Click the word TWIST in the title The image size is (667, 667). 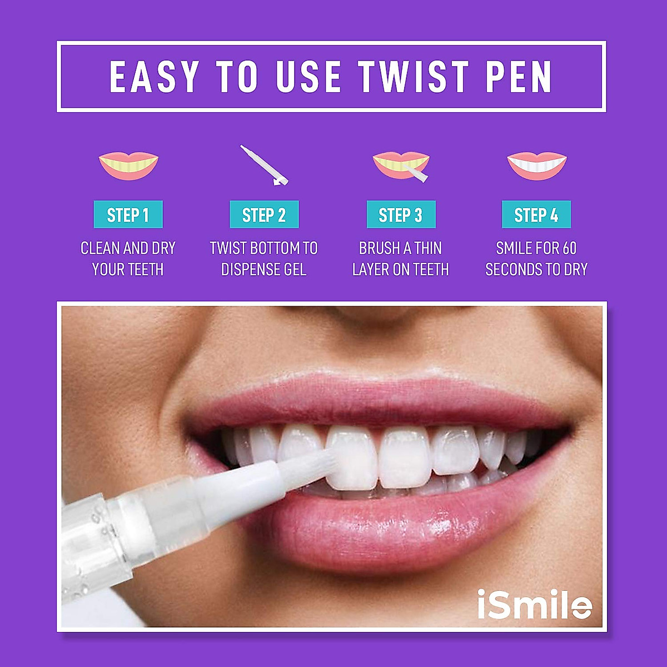coord(414,77)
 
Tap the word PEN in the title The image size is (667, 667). coord(519,77)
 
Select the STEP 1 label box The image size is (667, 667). coord(128,215)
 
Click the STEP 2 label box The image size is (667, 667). coord(264,215)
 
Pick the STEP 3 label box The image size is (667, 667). coord(401,215)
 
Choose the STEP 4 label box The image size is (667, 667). coord(536,215)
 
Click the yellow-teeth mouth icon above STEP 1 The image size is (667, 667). coord(128,166)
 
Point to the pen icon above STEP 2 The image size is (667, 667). coord(265,165)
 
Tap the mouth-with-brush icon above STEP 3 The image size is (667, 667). coord(401,166)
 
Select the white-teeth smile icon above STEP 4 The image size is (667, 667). coord(536,166)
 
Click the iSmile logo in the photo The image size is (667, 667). coord(534,604)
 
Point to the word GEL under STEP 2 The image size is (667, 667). coord(295,270)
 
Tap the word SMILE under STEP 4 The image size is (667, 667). coord(514,248)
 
